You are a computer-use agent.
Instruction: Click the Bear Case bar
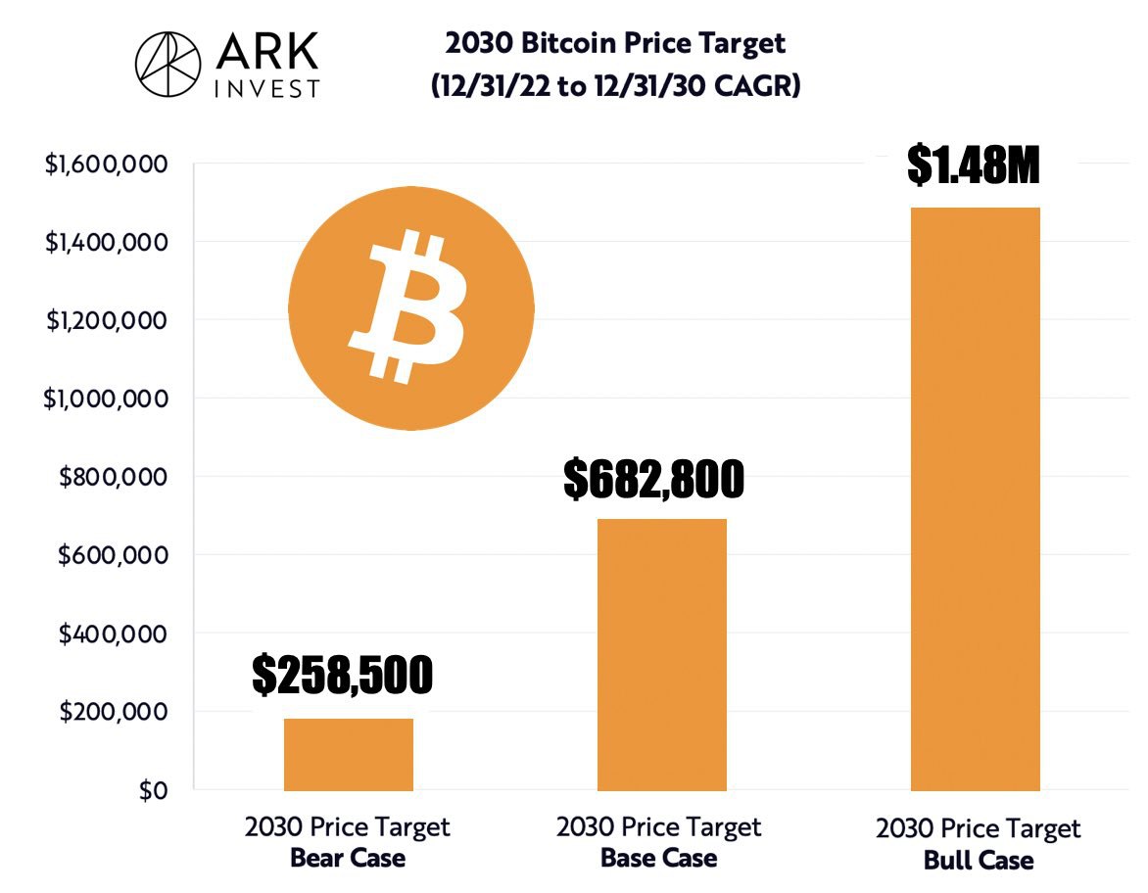pyautogui.click(x=348, y=754)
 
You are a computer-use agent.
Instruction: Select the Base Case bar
pyautogui.click(x=661, y=654)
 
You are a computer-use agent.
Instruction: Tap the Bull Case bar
pyautogui.click(x=975, y=498)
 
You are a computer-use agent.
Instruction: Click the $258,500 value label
pyautogui.click(x=342, y=675)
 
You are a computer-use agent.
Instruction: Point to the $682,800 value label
pyautogui.click(x=653, y=479)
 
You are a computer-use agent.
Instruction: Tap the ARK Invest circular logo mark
pyautogui.click(x=167, y=65)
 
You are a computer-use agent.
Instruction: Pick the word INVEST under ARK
pyautogui.click(x=265, y=88)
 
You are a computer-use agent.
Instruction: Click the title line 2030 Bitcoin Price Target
pyautogui.click(x=615, y=44)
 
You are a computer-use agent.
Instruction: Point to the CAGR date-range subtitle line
pyautogui.click(x=615, y=86)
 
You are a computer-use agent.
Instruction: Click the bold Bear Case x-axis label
pyautogui.click(x=347, y=859)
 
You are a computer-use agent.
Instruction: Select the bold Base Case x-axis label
pyautogui.click(x=658, y=859)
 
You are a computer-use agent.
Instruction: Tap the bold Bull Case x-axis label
pyautogui.click(x=978, y=861)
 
